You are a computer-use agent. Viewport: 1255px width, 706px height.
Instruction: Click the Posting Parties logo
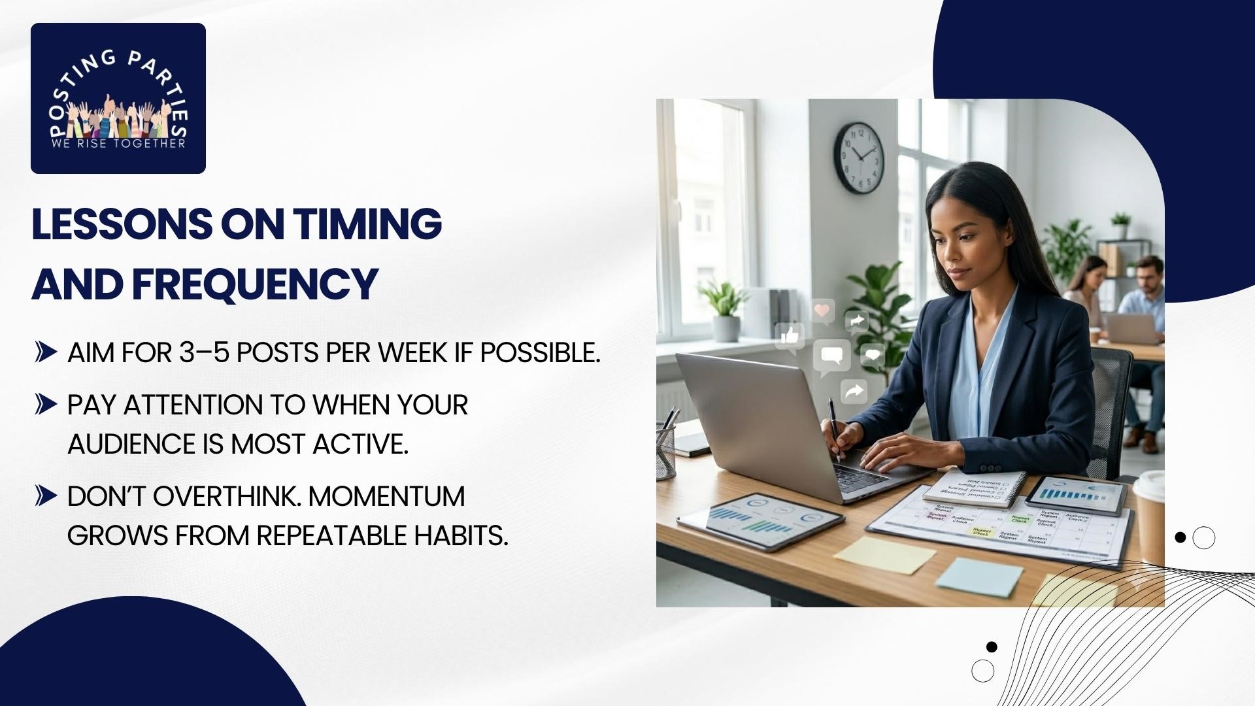click(118, 98)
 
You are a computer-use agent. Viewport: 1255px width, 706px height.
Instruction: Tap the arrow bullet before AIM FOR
click(46, 352)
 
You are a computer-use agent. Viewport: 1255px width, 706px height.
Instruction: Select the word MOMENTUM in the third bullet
click(386, 496)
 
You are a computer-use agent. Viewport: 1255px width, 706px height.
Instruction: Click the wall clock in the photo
click(858, 158)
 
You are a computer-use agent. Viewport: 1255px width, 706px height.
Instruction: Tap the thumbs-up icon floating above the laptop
click(790, 336)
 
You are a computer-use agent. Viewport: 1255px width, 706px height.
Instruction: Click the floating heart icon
click(823, 310)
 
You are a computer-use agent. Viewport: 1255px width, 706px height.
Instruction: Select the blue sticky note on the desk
click(979, 577)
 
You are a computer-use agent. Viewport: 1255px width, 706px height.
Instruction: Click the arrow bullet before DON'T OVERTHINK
click(46, 496)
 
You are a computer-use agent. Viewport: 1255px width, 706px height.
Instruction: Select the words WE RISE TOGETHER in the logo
click(118, 143)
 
